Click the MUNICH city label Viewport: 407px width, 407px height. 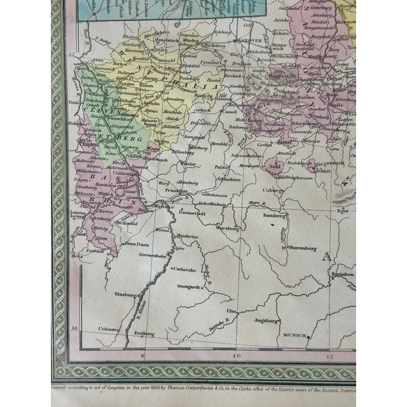pos(294,335)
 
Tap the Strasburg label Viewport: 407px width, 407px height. pos(124,294)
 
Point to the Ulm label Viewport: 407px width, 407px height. pos(232,310)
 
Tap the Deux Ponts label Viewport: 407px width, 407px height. pos(139,242)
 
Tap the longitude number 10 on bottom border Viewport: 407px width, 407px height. pos(237,355)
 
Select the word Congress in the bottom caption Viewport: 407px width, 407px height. pos(123,385)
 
